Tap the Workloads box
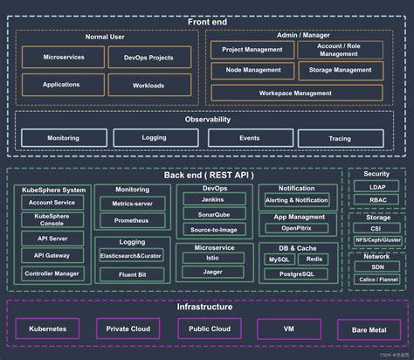(149, 86)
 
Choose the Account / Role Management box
(340, 50)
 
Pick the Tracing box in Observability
(340, 138)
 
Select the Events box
(249, 138)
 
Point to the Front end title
(207, 9)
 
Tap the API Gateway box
(52, 255)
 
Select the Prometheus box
(132, 220)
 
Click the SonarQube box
(214, 215)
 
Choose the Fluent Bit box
(132, 274)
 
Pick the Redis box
(315, 260)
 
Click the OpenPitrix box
(296, 228)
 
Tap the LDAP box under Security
(376, 186)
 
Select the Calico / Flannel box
(376, 279)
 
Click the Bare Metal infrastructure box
(369, 329)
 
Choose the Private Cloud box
(129, 329)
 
